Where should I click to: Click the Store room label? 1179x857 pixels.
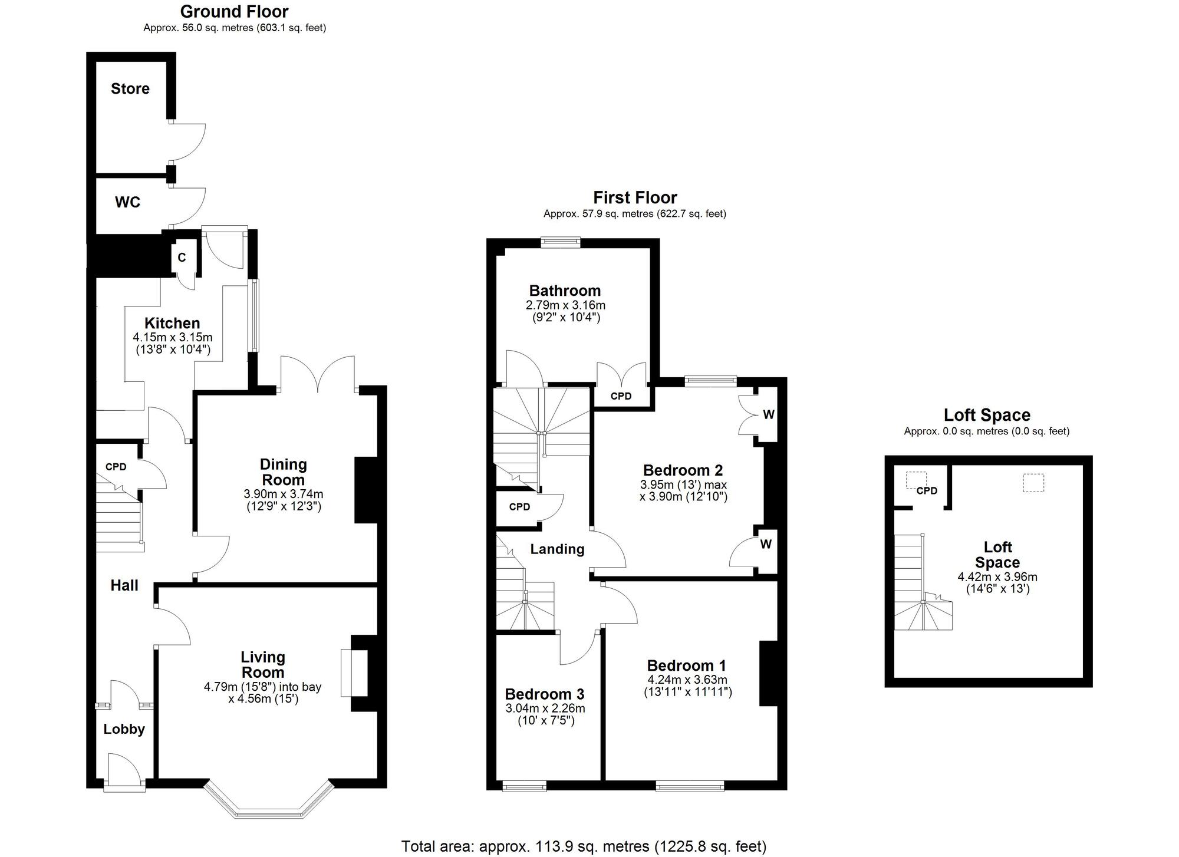(130, 88)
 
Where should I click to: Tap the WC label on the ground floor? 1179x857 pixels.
(128, 202)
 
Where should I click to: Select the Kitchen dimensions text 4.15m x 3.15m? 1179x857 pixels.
(173, 338)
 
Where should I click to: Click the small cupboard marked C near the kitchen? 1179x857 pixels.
(182, 258)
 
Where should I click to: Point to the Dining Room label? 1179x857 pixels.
(284, 472)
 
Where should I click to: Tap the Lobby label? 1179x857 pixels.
(124, 729)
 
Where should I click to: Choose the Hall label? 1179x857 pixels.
(124, 585)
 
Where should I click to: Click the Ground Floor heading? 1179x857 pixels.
(235, 11)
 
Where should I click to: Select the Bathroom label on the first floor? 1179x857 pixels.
(565, 291)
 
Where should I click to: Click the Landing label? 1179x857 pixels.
(557, 549)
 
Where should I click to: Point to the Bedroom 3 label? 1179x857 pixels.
(545, 694)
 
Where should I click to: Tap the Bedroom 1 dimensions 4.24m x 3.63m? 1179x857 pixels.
(687, 680)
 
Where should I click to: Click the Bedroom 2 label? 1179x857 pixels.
(683, 470)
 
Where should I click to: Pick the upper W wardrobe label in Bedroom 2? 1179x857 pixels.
(769, 414)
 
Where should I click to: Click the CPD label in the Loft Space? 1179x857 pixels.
(927, 490)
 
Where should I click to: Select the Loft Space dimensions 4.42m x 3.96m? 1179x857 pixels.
(997, 577)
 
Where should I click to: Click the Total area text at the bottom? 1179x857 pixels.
(584, 847)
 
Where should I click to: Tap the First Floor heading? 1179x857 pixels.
(635, 197)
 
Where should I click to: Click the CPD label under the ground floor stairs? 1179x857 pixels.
(116, 467)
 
